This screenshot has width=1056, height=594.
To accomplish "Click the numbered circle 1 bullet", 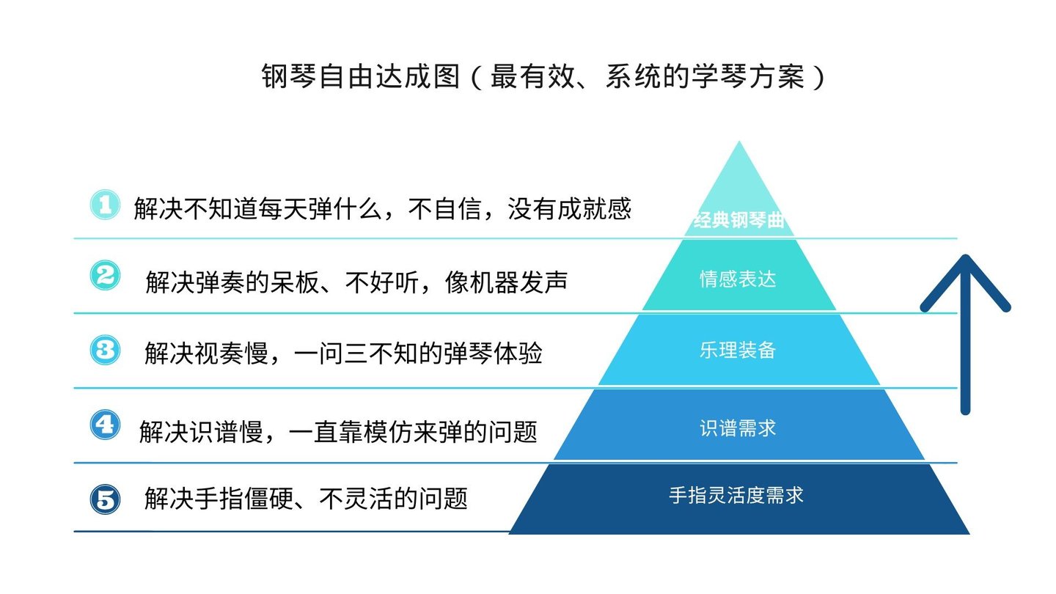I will pos(105,205).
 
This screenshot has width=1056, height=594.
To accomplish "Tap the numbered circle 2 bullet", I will pos(105,276).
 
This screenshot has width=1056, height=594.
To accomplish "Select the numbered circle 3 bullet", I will pos(105,350).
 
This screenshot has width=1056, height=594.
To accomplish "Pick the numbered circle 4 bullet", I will pos(105,425).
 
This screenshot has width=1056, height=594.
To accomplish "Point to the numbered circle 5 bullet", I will pos(105,500).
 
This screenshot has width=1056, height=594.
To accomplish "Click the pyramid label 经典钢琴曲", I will pos(738,221).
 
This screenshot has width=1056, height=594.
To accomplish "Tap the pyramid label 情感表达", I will pos(738,279).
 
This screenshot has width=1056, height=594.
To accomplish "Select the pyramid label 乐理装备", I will pos(738,351).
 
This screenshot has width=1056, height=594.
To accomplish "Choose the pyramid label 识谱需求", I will pos(738,428).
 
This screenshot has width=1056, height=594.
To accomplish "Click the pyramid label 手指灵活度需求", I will pos(736,496).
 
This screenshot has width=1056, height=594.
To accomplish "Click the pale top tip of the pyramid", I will pos(739,176).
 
